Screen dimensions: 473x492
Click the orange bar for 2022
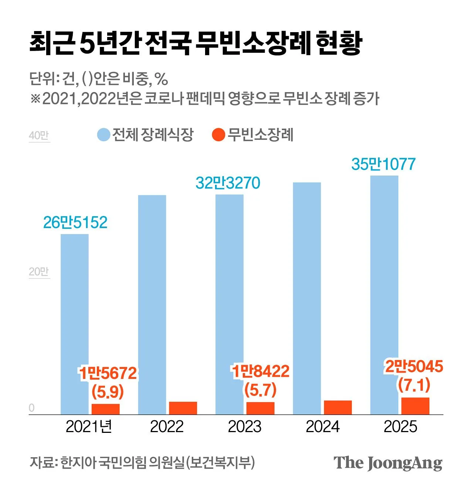(x=183, y=408)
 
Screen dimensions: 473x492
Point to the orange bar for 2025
(x=415, y=406)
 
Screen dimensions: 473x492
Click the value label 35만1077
(x=383, y=164)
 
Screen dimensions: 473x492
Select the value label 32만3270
(x=228, y=183)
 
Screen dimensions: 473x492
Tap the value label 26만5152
(x=75, y=223)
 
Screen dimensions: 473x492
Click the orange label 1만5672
(x=108, y=373)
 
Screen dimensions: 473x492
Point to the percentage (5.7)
(x=261, y=390)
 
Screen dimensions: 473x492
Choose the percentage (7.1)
(x=414, y=385)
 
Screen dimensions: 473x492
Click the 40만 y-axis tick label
(x=39, y=136)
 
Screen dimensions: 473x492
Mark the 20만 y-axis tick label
(x=39, y=272)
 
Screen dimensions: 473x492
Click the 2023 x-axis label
(x=245, y=427)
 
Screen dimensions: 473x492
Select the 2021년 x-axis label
(x=89, y=427)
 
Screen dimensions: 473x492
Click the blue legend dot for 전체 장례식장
(x=103, y=135)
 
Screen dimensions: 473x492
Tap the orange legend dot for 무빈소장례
(x=219, y=135)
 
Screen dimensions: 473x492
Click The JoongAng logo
(x=388, y=463)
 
